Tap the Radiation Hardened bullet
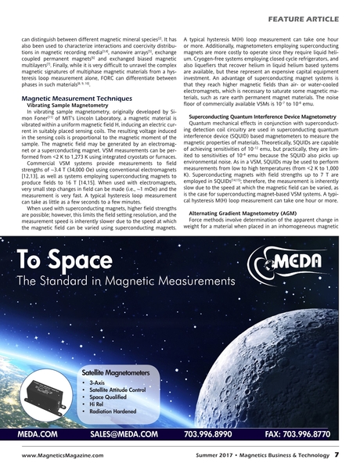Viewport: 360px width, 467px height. tap(116, 416)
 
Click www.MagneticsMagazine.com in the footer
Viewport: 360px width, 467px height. tap(59, 454)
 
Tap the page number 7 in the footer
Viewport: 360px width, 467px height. tap(336, 454)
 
